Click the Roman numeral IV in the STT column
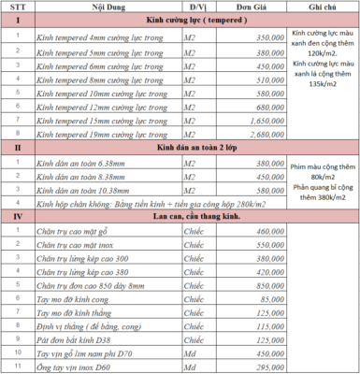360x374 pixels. pyautogui.click(x=17, y=215)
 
